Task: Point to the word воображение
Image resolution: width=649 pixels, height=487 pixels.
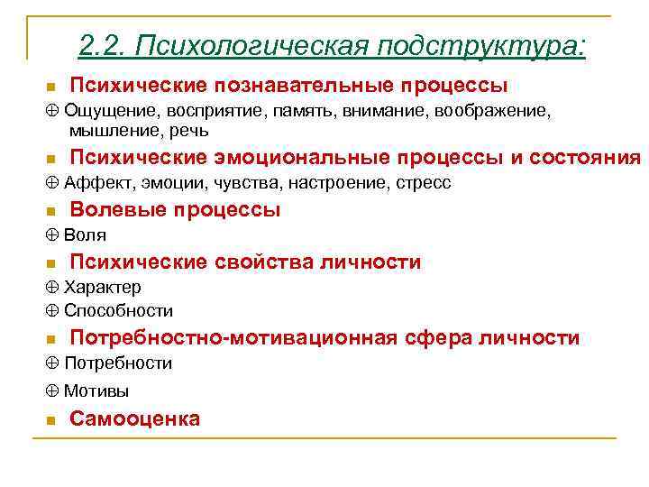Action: pyautogui.click(x=492, y=111)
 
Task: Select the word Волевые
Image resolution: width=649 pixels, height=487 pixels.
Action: pyautogui.click(x=116, y=210)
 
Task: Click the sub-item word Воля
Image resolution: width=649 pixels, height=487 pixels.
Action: pyautogui.click(x=85, y=235)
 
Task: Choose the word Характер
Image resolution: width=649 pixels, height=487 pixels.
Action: pyautogui.click(x=102, y=288)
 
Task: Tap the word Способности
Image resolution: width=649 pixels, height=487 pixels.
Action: pyautogui.click(x=118, y=311)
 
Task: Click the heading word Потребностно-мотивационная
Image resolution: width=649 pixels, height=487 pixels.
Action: pyautogui.click(x=233, y=338)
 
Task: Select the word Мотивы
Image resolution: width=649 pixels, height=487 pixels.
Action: pyautogui.click(x=96, y=391)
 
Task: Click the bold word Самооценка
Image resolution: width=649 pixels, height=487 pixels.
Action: pyautogui.click(x=134, y=418)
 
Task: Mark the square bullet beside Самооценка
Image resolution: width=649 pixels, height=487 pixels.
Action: pyautogui.click(x=50, y=420)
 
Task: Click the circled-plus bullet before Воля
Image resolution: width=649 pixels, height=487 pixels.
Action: pyautogui.click(x=50, y=235)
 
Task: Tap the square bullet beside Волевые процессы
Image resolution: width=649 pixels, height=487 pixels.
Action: pyautogui.click(x=50, y=212)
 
